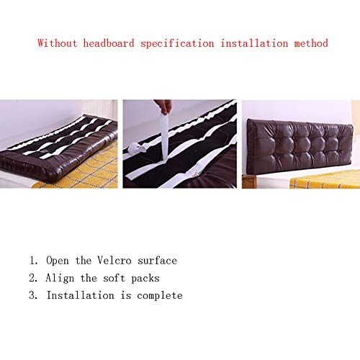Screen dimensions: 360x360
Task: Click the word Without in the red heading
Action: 58,43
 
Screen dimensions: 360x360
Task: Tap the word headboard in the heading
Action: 109,43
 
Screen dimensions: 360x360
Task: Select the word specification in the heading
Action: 177,44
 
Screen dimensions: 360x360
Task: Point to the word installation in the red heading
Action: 254,43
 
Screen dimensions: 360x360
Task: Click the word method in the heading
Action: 311,43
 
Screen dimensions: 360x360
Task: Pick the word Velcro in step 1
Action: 114,261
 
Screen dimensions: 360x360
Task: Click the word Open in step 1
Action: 58,261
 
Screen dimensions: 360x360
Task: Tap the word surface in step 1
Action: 157,261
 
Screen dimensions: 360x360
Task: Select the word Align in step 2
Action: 60,279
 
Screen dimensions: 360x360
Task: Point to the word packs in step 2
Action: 145,279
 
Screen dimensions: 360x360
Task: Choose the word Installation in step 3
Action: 80,295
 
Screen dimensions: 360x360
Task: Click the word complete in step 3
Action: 160,296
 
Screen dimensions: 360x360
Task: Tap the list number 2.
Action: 33,278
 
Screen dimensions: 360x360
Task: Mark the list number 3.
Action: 33,295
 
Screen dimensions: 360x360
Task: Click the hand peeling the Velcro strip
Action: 163,106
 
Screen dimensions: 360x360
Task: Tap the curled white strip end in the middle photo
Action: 136,149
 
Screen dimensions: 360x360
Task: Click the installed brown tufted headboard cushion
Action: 300,145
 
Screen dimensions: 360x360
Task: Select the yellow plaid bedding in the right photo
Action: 325,179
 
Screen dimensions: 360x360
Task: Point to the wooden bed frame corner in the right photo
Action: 247,181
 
